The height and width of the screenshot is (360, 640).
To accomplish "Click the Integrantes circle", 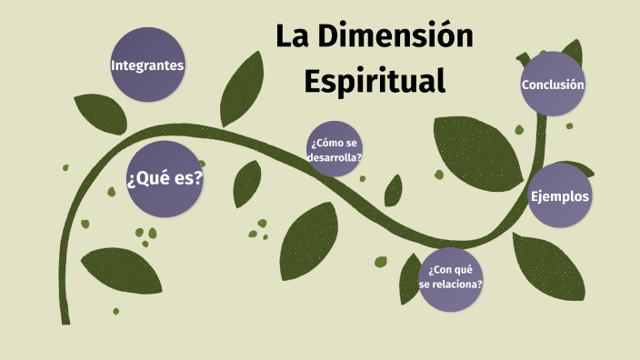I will coord(147,65).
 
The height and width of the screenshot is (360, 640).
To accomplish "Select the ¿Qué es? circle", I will coord(165,178).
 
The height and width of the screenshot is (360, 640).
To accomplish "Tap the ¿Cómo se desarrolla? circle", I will coord(335,149).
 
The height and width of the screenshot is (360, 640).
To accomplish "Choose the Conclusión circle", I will coord(552,85).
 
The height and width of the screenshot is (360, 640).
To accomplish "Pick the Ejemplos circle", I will coord(560,196).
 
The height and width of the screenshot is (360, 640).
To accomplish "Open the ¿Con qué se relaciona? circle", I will coord(451,277).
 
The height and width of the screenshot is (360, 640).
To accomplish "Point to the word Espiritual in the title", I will coord(375,79).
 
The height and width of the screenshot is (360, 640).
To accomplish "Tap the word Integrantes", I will coord(147,65).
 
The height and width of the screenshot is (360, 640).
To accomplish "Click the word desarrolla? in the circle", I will coord(335,156).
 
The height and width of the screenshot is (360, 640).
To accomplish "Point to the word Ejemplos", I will coord(560,196).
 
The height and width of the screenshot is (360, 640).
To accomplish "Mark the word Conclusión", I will coord(552,85).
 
